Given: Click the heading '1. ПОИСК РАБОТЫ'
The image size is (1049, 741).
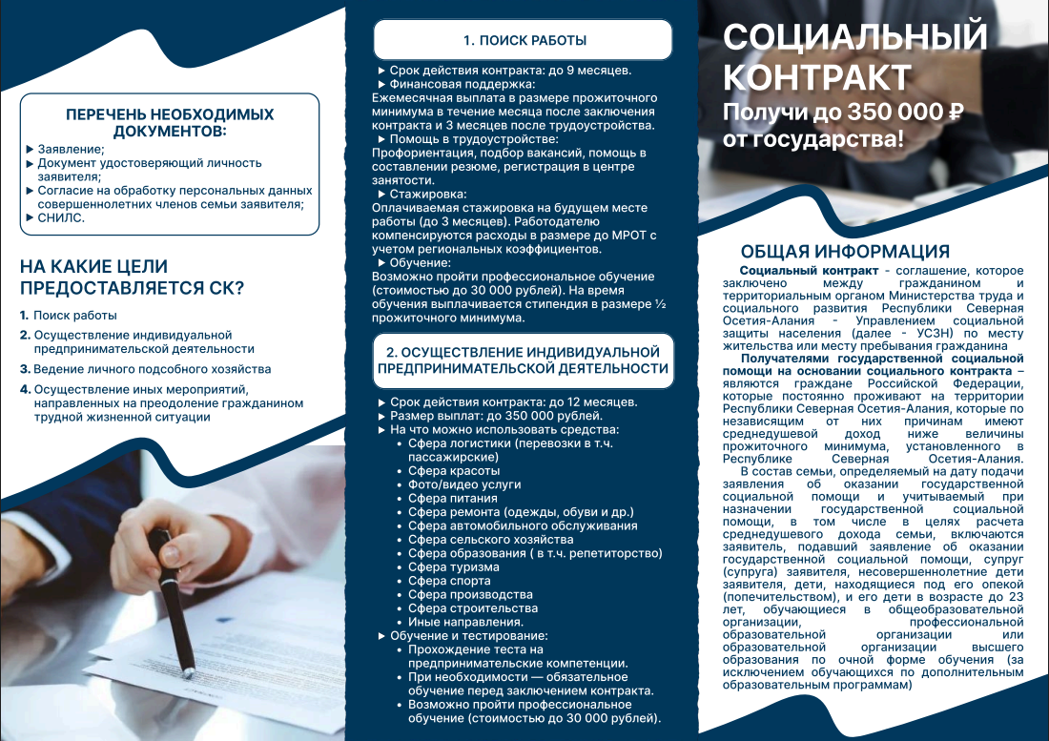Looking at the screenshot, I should pos(524,40).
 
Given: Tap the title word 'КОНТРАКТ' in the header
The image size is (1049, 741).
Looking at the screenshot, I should pos(817,75).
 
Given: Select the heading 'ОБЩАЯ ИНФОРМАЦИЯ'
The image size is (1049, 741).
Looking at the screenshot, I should pos(845,252).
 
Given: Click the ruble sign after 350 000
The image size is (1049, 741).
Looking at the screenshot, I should pos(956,113).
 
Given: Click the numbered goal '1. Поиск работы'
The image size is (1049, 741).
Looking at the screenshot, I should pos(74,316).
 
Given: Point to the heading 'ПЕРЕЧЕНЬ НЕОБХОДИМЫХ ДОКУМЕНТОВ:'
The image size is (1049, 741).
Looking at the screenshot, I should pos(170,122).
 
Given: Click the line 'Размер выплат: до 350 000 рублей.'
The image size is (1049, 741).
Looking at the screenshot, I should pos(496,416).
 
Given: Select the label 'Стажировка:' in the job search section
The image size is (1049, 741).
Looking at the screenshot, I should pos(422,194).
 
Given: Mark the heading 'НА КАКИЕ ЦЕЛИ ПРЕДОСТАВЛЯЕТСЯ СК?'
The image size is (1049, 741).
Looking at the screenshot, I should pos(132,277).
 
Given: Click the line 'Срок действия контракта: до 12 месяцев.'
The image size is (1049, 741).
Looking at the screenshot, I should pos(513,402).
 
